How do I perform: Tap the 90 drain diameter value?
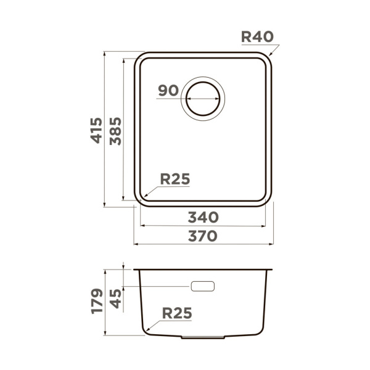167,90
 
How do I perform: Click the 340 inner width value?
203,217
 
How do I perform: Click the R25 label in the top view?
175,179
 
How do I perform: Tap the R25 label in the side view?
177,313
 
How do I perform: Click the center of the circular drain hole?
203,98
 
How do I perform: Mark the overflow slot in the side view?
203,286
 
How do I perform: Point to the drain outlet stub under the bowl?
203,338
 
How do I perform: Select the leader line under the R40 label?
259,46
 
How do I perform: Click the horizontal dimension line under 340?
203,226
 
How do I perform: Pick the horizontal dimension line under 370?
203,244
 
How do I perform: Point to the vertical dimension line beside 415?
105,130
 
